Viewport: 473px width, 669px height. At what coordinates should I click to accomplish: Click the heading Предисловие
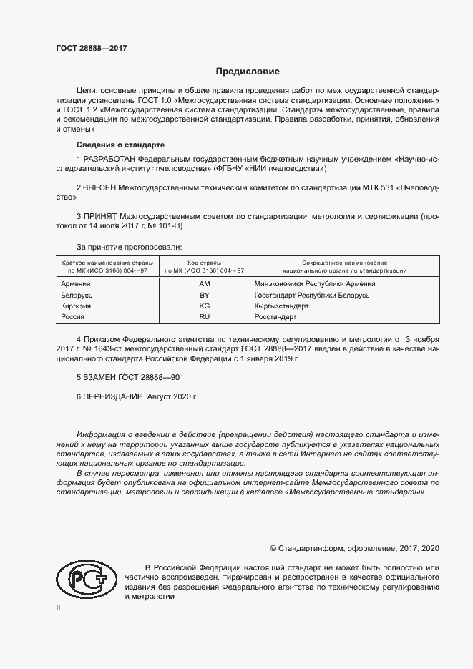click(248, 72)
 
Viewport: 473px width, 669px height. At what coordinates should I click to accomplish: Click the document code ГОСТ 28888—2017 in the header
click(91, 49)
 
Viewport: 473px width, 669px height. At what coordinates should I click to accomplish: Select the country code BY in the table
click(204, 295)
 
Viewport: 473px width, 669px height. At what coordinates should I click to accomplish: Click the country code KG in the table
click(204, 306)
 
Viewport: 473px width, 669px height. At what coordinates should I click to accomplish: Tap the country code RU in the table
click(204, 316)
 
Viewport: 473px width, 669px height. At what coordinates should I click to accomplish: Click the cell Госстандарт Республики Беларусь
click(311, 295)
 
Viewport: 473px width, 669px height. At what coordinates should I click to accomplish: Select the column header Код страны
click(204, 263)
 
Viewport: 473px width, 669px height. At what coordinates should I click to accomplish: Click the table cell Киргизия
click(77, 306)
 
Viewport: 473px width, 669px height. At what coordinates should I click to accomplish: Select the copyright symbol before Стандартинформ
click(273, 548)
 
